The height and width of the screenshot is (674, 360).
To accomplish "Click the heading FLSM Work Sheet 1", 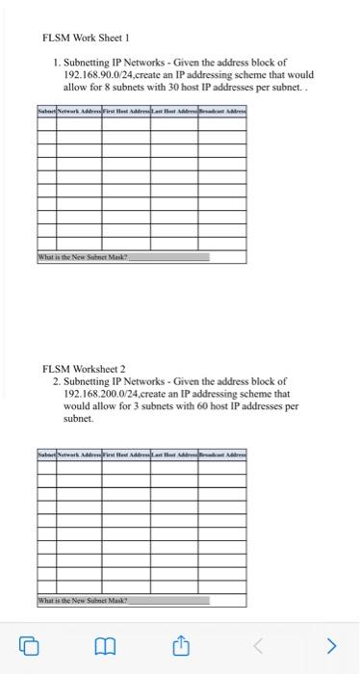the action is click(x=85, y=39).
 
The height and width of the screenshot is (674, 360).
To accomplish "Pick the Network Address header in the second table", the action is click(x=78, y=453).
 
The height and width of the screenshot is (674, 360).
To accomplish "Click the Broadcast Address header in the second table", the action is click(x=222, y=453).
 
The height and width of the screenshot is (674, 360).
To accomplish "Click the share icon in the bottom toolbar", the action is click(x=180, y=645).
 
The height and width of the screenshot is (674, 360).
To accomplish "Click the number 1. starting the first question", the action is click(x=58, y=62).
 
